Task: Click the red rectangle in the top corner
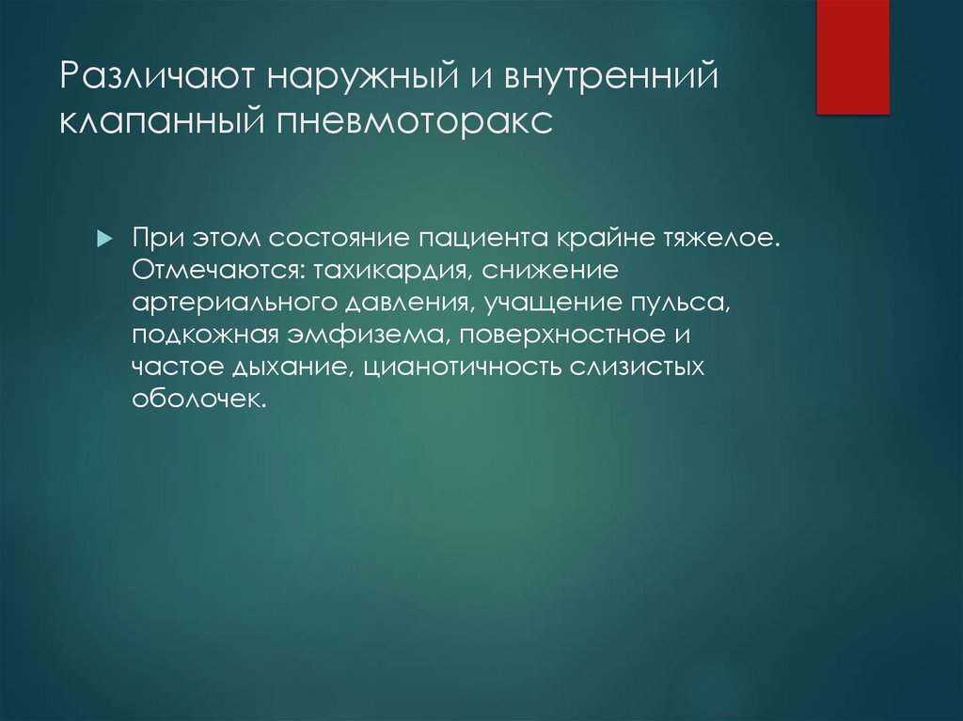pyautogui.click(x=852, y=56)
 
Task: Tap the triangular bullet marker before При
pyautogui.click(x=104, y=237)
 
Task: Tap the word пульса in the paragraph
pyautogui.click(x=684, y=305)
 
